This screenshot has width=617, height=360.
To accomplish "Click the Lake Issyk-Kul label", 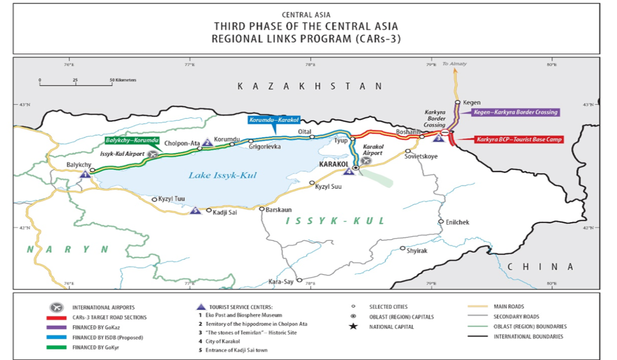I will [222, 175].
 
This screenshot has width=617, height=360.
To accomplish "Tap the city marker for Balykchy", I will [93, 170].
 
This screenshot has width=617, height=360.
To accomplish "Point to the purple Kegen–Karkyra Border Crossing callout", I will [515, 112].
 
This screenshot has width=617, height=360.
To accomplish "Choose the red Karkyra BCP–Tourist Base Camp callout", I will [518, 139].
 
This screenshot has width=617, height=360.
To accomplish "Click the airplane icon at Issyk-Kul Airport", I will [153, 154].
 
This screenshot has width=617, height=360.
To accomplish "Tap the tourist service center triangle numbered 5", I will [195, 210].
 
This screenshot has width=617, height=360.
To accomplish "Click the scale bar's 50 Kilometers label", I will [123, 80].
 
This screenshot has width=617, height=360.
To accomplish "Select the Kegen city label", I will [471, 102].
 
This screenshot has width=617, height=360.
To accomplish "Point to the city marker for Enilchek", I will [441, 222].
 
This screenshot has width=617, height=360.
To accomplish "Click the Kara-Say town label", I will [281, 281].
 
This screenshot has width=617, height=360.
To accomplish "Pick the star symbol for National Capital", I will [353, 327].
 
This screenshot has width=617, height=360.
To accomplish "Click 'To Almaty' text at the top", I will [455, 64].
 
